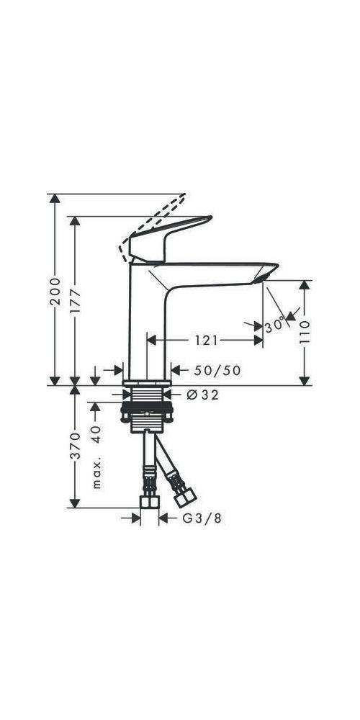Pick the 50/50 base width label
tap(218, 370)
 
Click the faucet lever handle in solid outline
tap(162, 234)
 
